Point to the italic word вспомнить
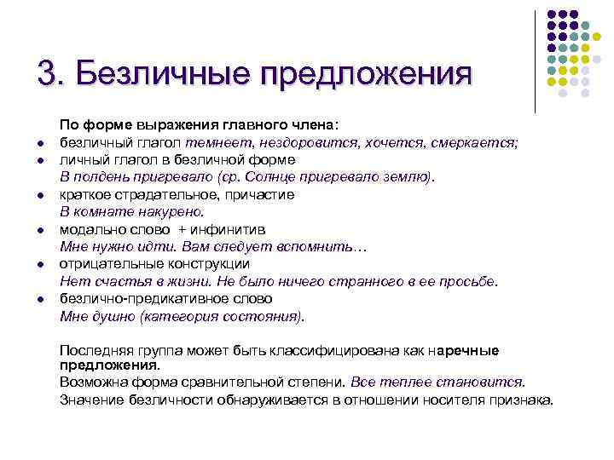pos(323,247)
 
